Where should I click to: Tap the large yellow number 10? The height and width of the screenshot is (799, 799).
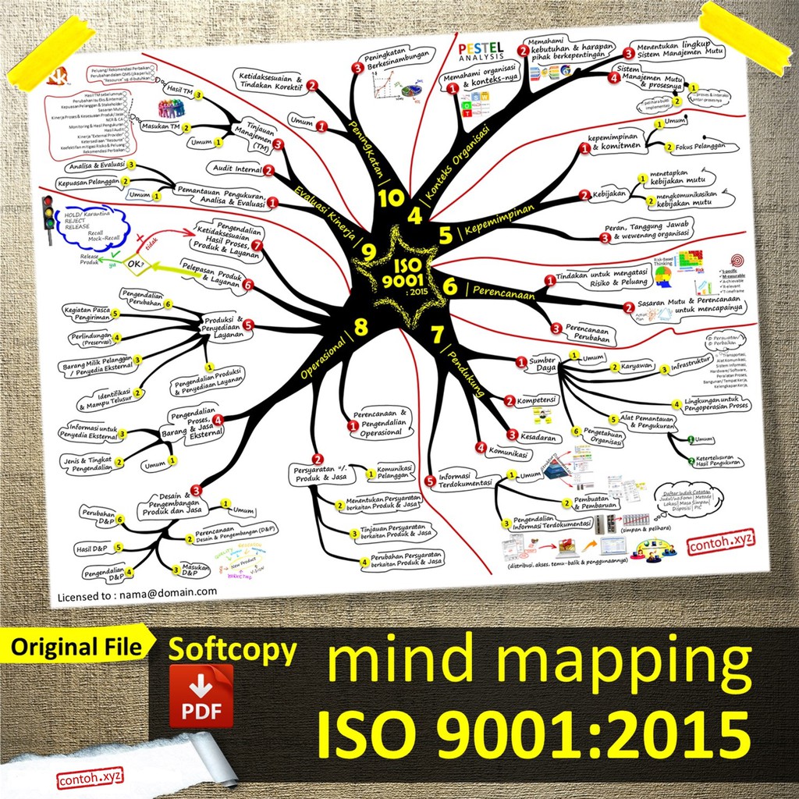click(x=391, y=197)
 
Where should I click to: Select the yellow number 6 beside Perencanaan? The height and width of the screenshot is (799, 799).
click(x=450, y=286)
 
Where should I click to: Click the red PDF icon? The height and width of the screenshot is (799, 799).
click(x=201, y=696)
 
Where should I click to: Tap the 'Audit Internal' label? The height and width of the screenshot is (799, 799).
click(x=236, y=169)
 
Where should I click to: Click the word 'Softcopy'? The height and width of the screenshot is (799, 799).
click(x=233, y=650)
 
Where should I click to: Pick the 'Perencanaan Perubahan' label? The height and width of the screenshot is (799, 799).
click(x=593, y=333)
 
